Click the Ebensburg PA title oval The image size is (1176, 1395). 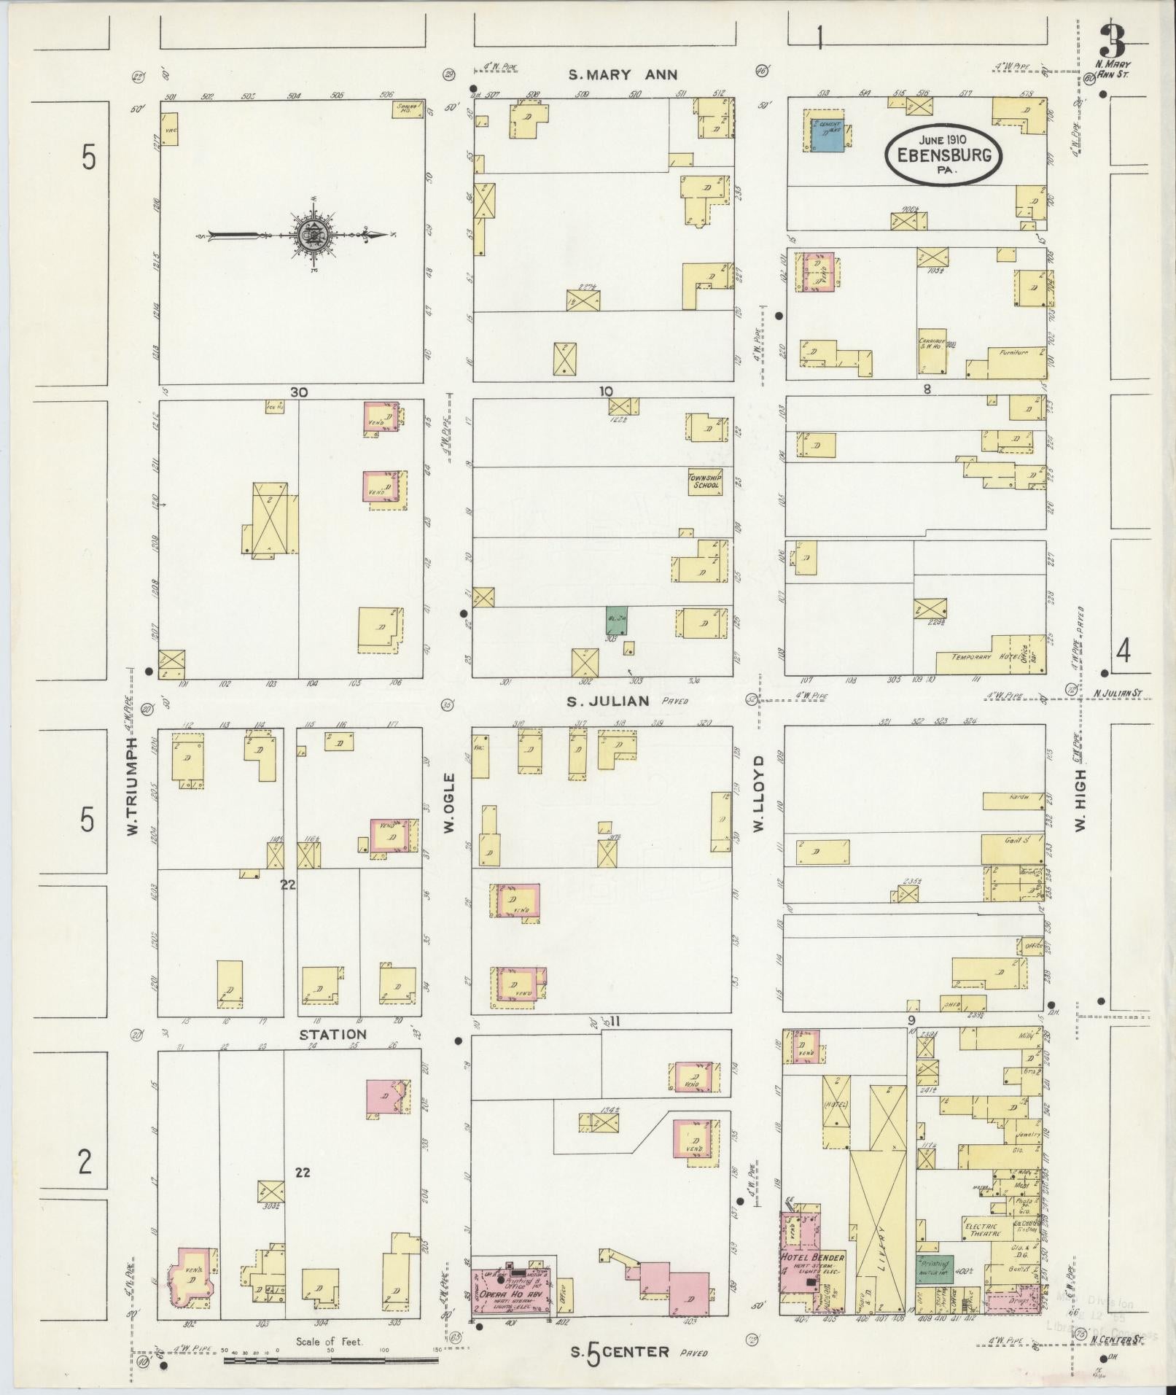pos(943,154)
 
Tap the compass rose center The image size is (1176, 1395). pos(312,236)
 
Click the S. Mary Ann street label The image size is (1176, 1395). pos(623,74)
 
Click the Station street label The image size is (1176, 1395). pos(332,1034)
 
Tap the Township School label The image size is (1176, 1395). pos(704,481)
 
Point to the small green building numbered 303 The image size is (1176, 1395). pos(617,620)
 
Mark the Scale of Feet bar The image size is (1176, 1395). pos(332,1361)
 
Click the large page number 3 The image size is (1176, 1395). pos(1111,41)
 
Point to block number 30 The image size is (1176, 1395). pos(298,392)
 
